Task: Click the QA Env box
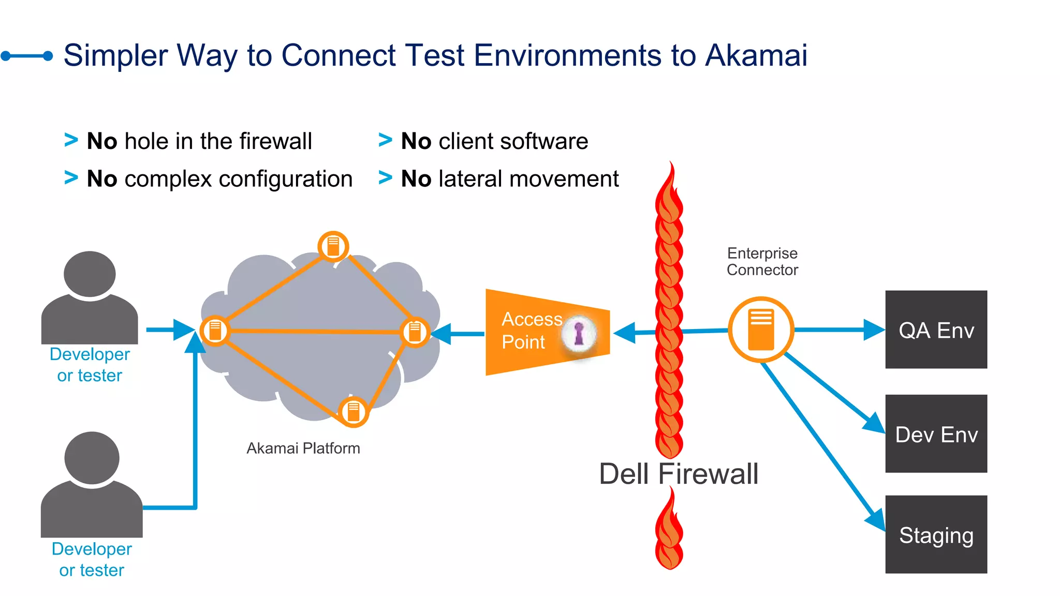[936, 330]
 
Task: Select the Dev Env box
[936, 434]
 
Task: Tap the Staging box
[936, 534]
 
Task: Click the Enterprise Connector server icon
[761, 330]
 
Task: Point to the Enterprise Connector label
[762, 262]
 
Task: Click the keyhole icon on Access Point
[579, 333]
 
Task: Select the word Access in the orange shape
[532, 319]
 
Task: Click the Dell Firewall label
[678, 474]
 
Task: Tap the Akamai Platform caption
[303, 448]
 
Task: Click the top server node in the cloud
[333, 246]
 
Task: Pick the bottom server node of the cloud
[354, 412]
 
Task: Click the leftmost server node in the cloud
[215, 330]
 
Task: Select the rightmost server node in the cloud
[415, 332]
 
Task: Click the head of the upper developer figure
[90, 274]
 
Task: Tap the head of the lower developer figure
[92, 458]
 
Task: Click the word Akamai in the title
[756, 55]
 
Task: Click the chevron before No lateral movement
[385, 177]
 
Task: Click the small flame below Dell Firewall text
[669, 533]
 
